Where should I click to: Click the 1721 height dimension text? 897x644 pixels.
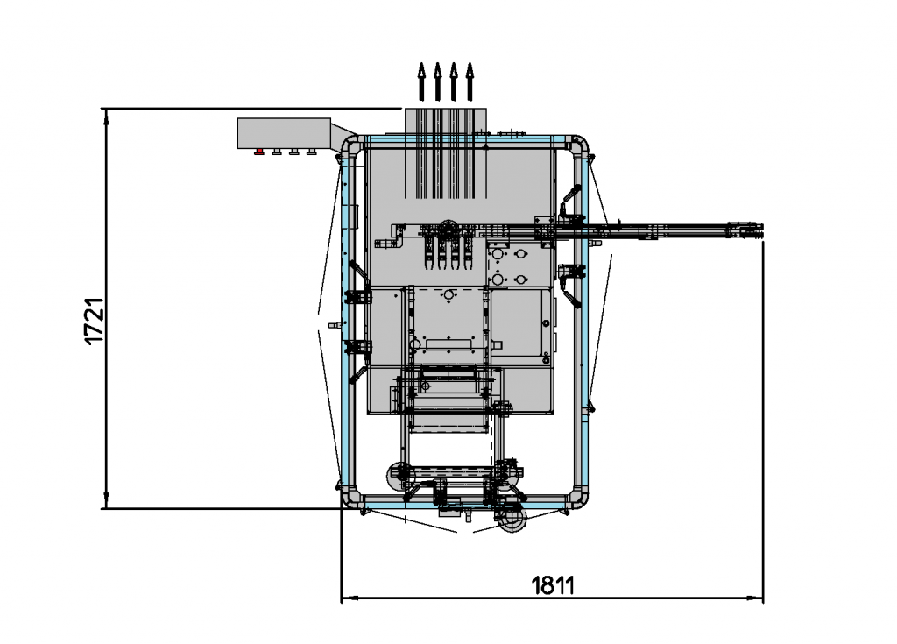click(x=95, y=321)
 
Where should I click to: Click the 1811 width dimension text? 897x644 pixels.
click(x=553, y=585)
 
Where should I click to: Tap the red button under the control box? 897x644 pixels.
click(x=259, y=152)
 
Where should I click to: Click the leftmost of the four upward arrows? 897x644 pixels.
click(x=421, y=81)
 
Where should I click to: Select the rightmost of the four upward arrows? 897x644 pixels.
click(x=470, y=81)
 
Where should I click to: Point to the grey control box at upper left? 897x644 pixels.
click(x=284, y=133)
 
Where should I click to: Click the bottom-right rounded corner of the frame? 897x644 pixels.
click(x=580, y=499)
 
